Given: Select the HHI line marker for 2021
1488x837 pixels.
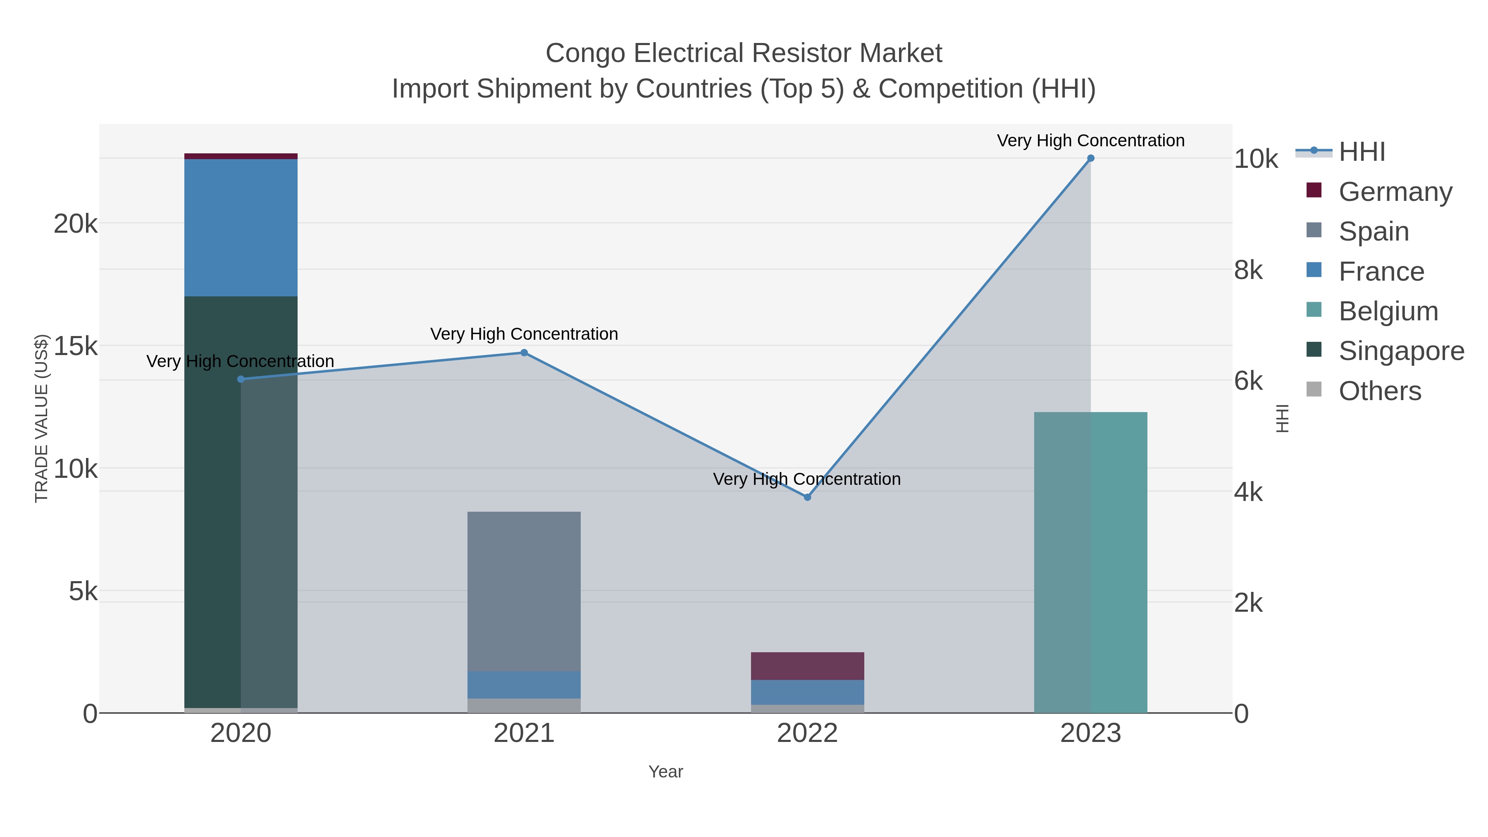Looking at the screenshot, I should (x=524, y=352).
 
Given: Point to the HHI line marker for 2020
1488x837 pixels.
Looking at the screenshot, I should (x=241, y=379).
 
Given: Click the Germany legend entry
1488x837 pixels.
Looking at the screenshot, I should (x=1395, y=192).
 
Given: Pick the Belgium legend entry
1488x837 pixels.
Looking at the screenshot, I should (x=1388, y=311).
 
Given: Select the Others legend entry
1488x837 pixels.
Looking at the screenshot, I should (x=1379, y=391).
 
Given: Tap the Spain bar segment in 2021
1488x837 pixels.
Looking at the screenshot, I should (x=524, y=591).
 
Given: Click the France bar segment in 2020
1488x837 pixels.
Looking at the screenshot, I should (x=241, y=228).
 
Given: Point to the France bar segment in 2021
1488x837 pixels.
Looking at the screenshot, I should (x=524, y=684).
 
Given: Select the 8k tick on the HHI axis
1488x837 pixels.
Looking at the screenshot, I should (x=1249, y=270).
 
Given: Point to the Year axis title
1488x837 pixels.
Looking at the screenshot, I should (x=665, y=772).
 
